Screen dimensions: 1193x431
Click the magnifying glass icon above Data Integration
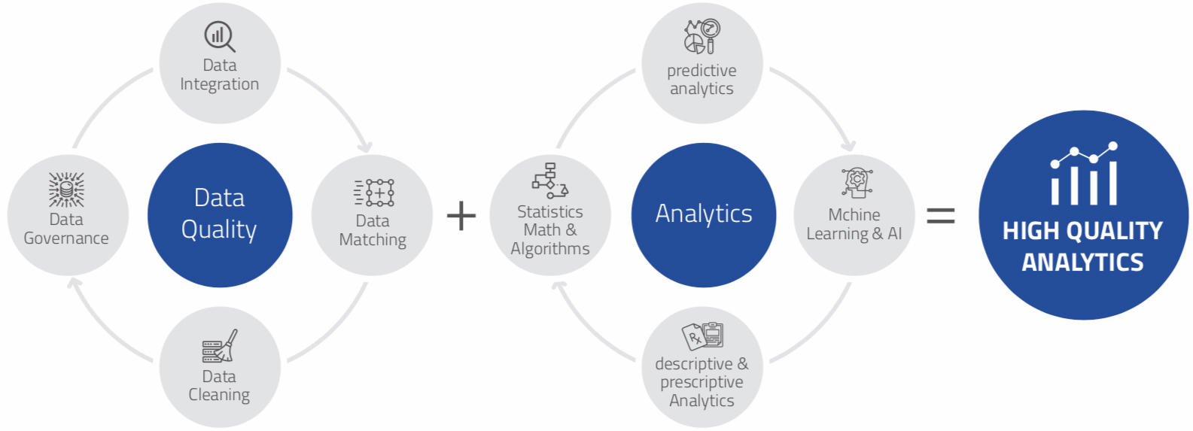coord(220,36)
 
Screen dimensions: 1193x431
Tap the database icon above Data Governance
coord(66,190)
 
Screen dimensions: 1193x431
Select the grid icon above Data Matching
coord(374,193)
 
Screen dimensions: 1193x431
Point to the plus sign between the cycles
coord(461,216)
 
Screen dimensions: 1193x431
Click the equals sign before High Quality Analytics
coord(941,216)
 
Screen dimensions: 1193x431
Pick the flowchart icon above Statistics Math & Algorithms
coord(550,181)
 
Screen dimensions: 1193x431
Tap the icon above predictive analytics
coord(702,36)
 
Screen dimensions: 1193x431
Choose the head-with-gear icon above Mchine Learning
coord(857,184)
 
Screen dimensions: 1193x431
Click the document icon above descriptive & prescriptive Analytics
coord(702,336)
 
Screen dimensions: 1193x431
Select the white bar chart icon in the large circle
coord(1084,174)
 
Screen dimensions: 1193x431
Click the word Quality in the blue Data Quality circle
coord(219,230)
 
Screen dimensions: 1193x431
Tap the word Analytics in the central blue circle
coord(704,214)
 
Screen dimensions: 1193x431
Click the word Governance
coord(66,238)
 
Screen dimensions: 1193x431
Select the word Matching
coord(373,240)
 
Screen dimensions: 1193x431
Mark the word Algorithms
coord(550,249)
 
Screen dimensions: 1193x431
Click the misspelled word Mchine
coord(854,215)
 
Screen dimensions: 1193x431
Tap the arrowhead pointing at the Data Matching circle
coord(366,147)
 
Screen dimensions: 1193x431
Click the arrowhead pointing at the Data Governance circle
coord(75,283)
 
